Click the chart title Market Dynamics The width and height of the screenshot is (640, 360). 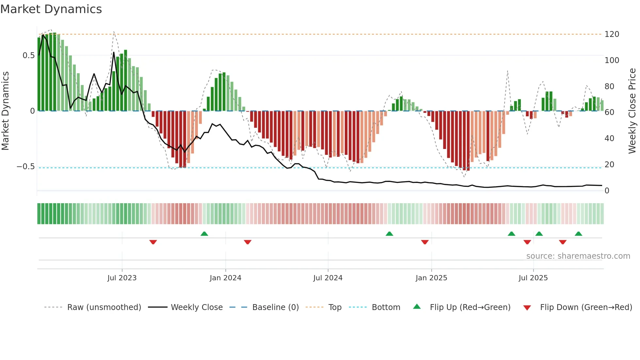pos(51,9)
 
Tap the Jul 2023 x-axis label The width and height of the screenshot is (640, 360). pos(122,278)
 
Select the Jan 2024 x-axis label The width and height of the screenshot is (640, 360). pos(225,278)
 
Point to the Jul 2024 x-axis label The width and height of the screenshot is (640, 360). pos(328,278)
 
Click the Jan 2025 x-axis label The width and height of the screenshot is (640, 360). pos(431,278)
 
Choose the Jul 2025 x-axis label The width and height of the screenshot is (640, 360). pos(533,278)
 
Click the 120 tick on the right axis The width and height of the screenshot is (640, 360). pos(612,34)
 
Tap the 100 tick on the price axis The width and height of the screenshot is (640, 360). pos(612,60)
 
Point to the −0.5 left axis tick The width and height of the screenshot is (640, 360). pos(26,167)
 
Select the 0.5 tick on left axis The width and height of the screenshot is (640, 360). pos(28,56)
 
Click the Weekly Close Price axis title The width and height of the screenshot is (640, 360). pos(632,111)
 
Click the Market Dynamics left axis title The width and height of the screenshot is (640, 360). pos(6,111)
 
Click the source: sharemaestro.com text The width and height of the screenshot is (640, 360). pos(578,256)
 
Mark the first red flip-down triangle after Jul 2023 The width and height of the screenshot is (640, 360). pos(153,242)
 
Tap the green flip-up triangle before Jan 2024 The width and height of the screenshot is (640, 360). pos(204,234)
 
